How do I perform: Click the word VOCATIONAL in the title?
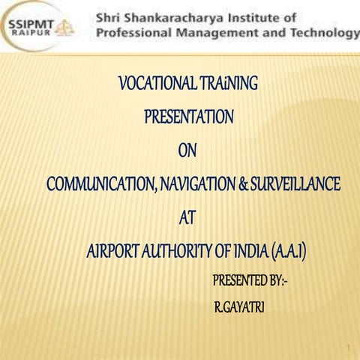coord(155,83)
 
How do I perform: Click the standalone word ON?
coord(187,150)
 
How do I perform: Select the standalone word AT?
coord(189,218)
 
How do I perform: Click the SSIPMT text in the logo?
coord(31,22)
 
